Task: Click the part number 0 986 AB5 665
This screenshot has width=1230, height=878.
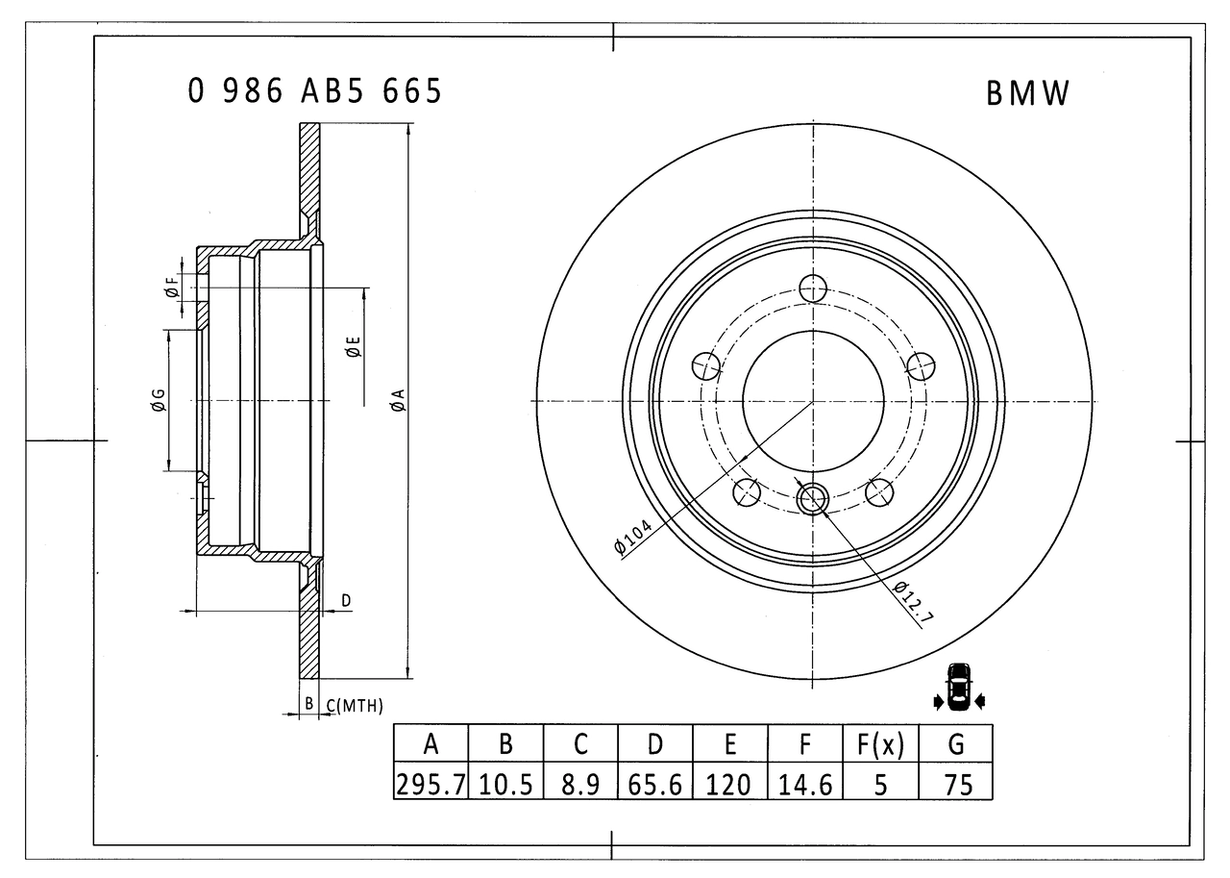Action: click(315, 91)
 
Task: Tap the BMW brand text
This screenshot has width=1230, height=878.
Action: click(1027, 93)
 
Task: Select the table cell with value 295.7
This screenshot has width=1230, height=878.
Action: click(430, 784)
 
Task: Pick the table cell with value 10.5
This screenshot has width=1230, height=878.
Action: click(505, 784)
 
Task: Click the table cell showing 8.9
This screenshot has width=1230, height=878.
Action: click(580, 784)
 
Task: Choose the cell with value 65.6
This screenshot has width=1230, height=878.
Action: click(655, 784)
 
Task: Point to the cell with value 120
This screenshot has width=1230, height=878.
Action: click(730, 784)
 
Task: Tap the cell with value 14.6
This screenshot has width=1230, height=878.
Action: click(805, 784)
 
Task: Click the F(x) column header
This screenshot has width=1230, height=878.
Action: click(880, 743)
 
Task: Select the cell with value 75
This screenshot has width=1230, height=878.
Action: click(956, 784)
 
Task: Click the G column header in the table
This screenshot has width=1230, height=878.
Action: click(956, 743)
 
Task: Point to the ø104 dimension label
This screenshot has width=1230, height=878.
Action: click(632, 537)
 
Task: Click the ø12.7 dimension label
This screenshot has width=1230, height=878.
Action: click(912, 603)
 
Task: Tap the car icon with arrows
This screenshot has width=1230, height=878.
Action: click(958, 689)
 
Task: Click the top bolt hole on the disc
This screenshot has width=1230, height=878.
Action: click(814, 288)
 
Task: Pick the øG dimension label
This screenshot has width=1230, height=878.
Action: click(158, 400)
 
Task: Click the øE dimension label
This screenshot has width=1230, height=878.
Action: click(353, 347)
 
